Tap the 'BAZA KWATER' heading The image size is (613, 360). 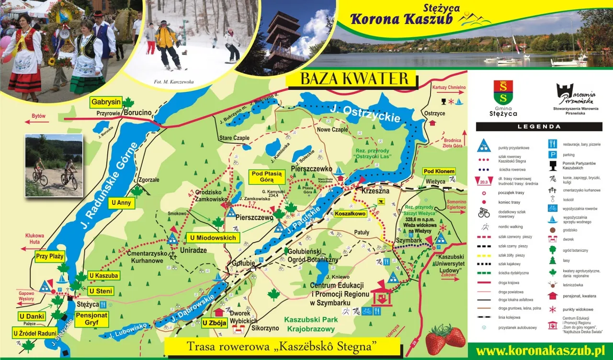354,79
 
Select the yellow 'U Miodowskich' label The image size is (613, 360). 213,238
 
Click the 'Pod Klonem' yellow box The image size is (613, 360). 438,171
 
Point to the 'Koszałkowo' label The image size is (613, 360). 350,214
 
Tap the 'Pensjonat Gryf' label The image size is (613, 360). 91,319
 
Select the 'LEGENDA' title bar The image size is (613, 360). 539,127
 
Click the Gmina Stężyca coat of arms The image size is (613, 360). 503,92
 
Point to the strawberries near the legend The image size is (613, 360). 445,339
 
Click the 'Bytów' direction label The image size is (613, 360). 38,116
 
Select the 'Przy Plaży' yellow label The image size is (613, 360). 50,256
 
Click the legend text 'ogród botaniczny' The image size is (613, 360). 575,250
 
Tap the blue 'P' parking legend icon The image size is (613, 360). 552,155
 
